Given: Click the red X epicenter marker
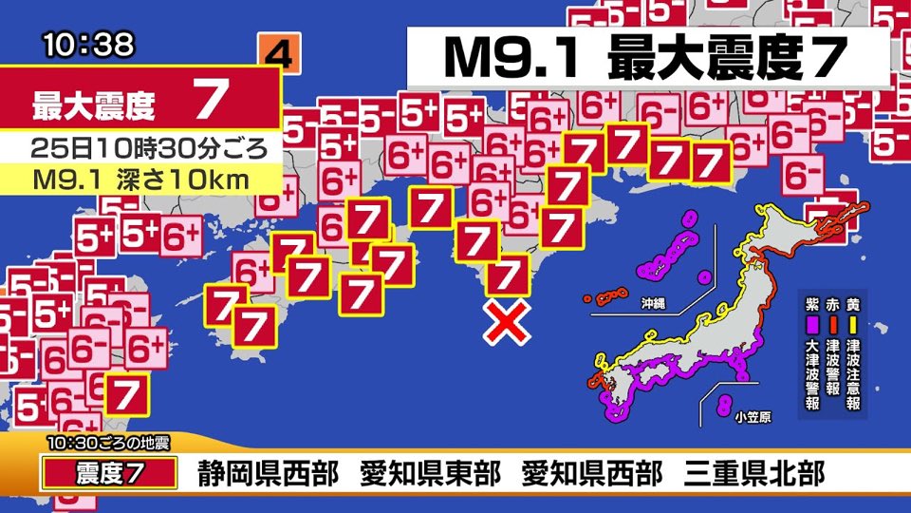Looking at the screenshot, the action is pyautogui.click(x=508, y=323).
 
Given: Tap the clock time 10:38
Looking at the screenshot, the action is pyautogui.click(x=88, y=45).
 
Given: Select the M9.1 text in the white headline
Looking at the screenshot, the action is pyautogui.click(x=509, y=59).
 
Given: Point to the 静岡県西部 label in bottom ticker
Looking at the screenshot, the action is pyautogui.click(x=268, y=473).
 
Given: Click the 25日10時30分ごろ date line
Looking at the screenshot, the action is pyautogui.click(x=140, y=148).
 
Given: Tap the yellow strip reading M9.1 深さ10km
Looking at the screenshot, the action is pyautogui.click(x=140, y=179).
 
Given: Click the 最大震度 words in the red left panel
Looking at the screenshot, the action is pyautogui.click(x=94, y=104).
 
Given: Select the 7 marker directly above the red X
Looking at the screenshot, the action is pyautogui.click(x=509, y=275).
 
